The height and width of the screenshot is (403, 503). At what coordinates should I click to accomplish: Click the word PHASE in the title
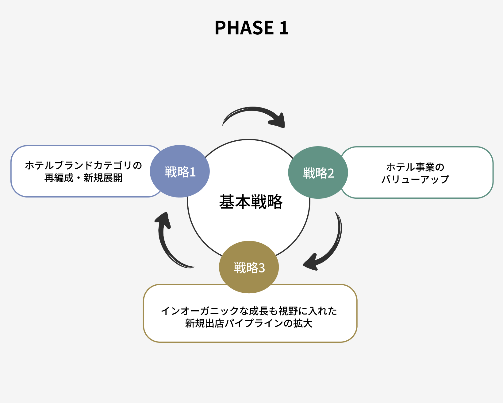click(x=244, y=28)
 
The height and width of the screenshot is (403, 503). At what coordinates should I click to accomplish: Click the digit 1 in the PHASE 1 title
click(x=284, y=28)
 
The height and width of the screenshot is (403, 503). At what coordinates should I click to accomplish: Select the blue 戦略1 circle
click(x=180, y=171)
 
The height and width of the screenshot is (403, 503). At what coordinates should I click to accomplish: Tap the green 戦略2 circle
click(x=318, y=173)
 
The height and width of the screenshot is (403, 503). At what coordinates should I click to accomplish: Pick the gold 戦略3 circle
click(x=249, y=267)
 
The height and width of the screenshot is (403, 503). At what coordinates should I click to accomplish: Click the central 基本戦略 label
click(x=251, y=202)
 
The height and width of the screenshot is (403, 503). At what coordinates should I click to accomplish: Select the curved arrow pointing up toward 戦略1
click(x=167, y=243)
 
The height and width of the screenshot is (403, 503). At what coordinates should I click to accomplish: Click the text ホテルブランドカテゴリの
click(x=83, y=166)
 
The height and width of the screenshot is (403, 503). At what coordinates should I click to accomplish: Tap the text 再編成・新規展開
click(x=83, y=178)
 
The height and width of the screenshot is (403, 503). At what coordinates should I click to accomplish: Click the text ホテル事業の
click(x=415, y=167)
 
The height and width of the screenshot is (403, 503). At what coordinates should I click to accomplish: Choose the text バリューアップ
click(x=415, y=179)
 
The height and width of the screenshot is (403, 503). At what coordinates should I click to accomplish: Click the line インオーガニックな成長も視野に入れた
click(x=249, y=311)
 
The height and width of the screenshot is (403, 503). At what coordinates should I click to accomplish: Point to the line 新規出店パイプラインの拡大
click(x=249, y=323)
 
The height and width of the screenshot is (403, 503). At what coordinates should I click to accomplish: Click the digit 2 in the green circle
click(x=331, y=174)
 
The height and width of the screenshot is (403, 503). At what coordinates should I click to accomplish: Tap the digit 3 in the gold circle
click(x=262, y=268)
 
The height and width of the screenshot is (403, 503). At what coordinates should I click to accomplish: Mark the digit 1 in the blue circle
click(x=193, y=172)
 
